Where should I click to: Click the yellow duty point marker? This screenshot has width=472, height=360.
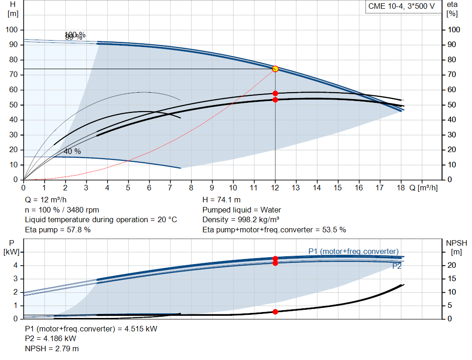(275, 69)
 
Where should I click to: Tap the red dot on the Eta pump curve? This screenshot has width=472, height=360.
(275, 93)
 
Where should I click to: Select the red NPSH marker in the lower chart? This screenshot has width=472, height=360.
(275, 312)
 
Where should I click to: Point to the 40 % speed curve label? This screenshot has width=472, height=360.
(72, 151)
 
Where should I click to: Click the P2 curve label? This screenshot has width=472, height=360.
(397, 266)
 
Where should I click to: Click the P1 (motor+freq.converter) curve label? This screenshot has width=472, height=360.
(353, 251)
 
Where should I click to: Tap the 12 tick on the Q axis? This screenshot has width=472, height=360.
(275, 188)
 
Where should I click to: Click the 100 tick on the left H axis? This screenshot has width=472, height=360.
(12, 30)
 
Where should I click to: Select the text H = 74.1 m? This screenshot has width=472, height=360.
(221, 200)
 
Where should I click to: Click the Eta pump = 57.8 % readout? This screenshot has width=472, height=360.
(58, 229)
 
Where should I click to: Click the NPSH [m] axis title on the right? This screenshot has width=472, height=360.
(456, 247)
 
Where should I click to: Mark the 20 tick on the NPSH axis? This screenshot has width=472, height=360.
(451, 265)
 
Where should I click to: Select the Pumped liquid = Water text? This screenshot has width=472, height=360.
(242, 210)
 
